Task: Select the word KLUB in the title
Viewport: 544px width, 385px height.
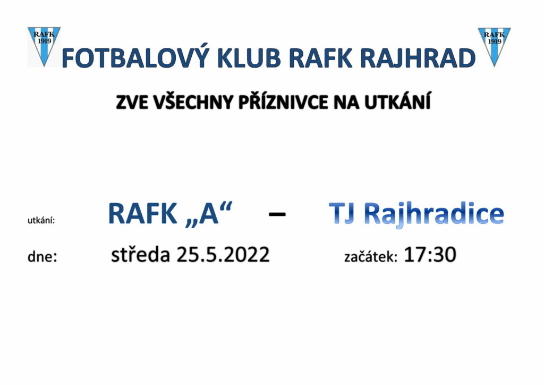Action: click(x=249, y=58)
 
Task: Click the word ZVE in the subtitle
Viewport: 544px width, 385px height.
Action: click(x=132, y=102)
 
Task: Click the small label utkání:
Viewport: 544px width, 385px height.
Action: click(x=41, y=220)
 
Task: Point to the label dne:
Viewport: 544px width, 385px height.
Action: click(x=42, y=256)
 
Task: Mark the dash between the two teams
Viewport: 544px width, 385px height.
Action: click(x=277, y=214)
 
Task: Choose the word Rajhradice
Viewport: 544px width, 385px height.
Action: click(x=433, y=214)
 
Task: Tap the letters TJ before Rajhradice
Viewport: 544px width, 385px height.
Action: click(x=342, y=213)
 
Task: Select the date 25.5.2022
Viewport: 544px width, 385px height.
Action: click(x=223, y=255)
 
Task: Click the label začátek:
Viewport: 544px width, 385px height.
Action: click(x=370, y=256)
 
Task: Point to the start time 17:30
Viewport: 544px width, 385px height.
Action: click(x=430, y=255)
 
